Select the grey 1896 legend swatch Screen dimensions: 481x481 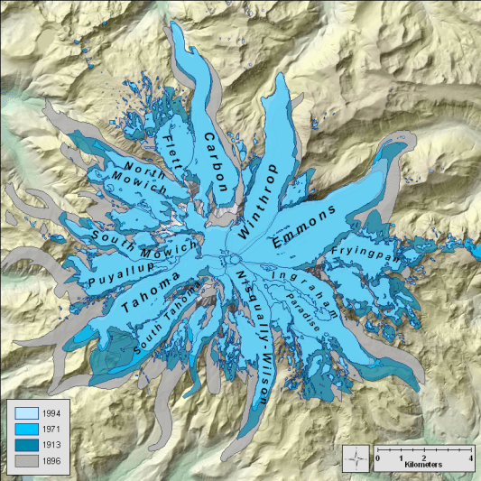[x=23, y=460]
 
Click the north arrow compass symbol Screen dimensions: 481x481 [x=358, y=458]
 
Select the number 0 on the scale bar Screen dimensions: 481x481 [x=377, y=459]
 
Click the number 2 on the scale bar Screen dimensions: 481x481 [x=424, y=459]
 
